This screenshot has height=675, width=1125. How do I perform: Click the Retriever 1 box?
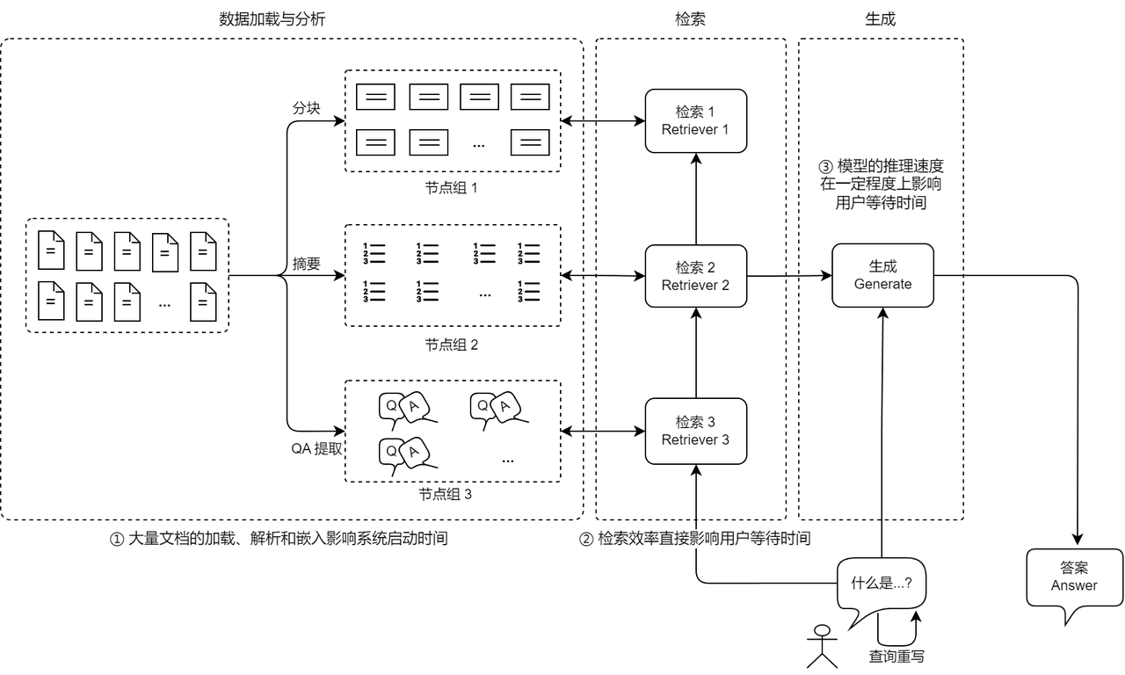pos(695,120)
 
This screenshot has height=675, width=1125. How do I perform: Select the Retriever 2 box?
pos(695,276)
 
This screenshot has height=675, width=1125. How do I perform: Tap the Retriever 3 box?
pos(695,431)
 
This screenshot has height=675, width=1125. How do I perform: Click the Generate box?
pos(882,275)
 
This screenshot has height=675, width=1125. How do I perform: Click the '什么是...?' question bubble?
pos(882,583)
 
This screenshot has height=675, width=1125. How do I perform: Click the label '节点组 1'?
pos(452,187)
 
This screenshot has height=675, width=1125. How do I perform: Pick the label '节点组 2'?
pos(452,345)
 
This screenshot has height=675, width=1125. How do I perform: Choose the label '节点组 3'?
pos(446,494)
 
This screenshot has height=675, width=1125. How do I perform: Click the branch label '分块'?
pos(306,108)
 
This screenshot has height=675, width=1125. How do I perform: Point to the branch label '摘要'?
pos(306,263)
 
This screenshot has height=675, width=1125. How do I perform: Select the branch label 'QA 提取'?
pos(316,448)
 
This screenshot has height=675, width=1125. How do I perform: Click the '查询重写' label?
pos(896,657)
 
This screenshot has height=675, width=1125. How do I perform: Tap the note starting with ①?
pos(279,539)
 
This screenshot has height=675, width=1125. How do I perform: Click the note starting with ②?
pos(693,539)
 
